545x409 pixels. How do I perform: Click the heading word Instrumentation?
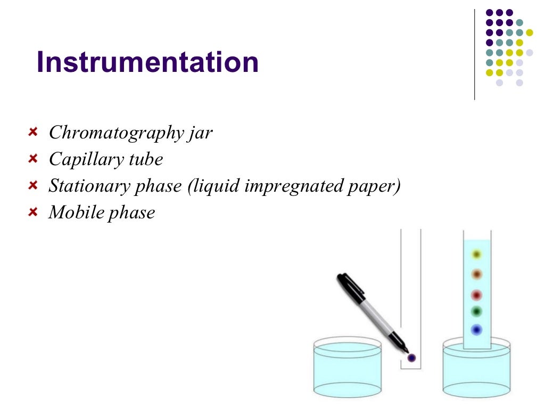147,63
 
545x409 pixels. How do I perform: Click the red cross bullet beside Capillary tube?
33,158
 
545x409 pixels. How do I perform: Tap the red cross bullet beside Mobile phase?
33,211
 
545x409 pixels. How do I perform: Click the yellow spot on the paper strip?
476,255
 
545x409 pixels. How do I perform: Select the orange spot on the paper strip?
476,274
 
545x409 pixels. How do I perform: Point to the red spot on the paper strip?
476,295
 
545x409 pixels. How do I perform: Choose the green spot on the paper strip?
476,311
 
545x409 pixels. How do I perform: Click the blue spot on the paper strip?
476,330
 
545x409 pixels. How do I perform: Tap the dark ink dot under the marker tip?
411,358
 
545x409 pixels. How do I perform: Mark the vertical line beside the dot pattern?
474,53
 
